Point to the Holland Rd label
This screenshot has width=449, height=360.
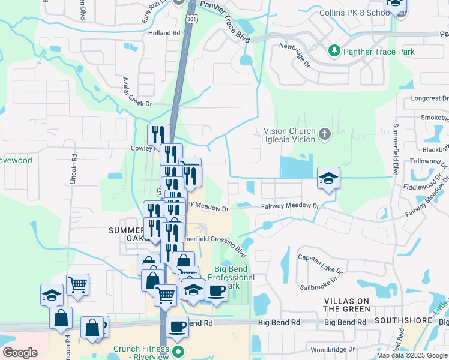point(164,33)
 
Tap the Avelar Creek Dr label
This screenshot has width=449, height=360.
point(137,92)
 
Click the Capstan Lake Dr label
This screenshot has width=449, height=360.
point(320,257)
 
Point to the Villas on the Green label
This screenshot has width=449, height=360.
point(347,304)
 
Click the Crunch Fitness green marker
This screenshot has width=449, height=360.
point(177,350)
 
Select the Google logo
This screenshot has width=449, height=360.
point(20,353)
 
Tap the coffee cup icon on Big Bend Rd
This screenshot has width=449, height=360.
point(177,326)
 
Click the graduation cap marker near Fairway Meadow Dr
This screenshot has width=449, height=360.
point(328,178)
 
